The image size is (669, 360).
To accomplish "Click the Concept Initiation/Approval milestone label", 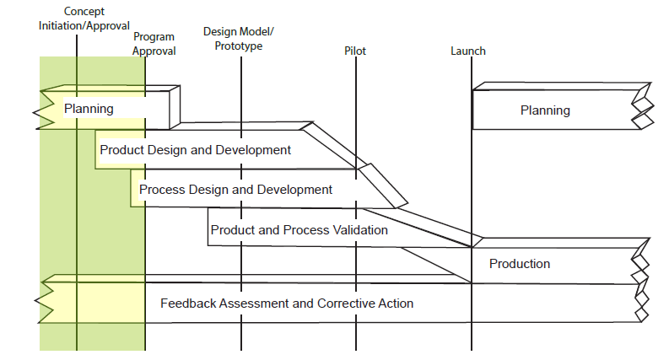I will [x=84, y=19].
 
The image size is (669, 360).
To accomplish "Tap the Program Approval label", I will [x=154, y=44].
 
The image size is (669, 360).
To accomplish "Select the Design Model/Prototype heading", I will [x=239, y=39].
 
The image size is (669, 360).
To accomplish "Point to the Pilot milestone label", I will [x=355, y=51].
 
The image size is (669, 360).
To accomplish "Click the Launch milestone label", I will [x=468, y=51].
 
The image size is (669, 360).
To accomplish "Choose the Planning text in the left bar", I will [x=89, y=109].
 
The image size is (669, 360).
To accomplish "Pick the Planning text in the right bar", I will [x=545, y=110].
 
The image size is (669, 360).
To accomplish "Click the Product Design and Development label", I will [x=196, y=150].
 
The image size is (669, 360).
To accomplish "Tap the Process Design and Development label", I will [x=235, y=190].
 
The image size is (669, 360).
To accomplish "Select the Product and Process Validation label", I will [x=299, y=229].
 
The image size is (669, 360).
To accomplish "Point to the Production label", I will [x=520, y=264].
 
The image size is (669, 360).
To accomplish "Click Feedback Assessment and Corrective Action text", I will [x=287, y=303].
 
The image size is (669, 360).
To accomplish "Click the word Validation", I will [x=360, y=229].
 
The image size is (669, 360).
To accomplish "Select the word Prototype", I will [x=239, y=46].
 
